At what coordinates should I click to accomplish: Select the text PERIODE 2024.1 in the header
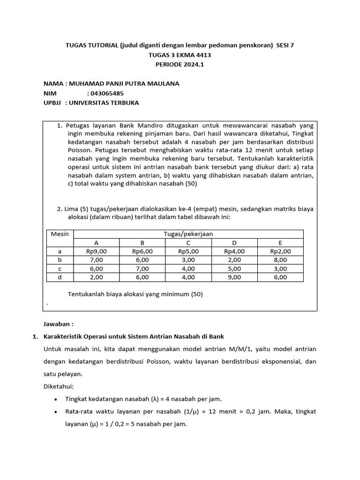[180, 65]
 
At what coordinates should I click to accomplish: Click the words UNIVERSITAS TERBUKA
[104, 103]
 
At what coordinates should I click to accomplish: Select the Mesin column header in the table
[60, 234]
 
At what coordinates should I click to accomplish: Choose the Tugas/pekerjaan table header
[188, 234]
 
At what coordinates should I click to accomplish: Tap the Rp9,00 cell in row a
[97, 251]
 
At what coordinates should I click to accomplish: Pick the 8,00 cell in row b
[280, 260]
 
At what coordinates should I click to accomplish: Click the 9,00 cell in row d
[234, 277]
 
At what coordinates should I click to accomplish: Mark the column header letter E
[280, 243]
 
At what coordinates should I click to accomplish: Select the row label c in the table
[60, 269]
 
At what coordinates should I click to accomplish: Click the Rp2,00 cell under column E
[280, 251]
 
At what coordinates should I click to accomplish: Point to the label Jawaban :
[59, 324]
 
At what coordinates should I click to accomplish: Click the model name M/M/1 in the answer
[234, 349]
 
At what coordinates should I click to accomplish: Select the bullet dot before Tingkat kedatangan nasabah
[56, 399]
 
